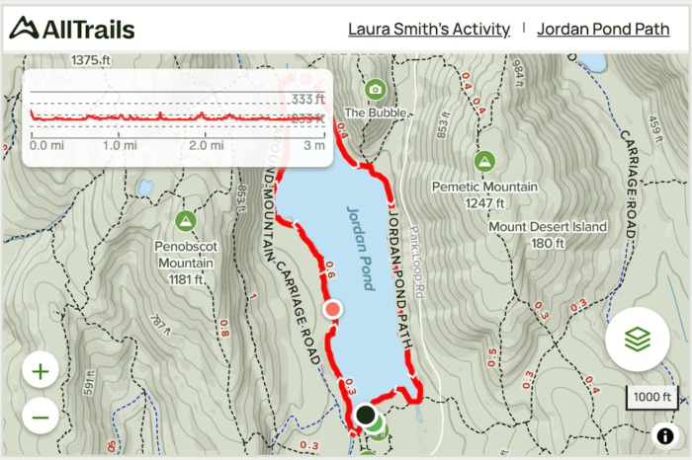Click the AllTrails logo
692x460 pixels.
point(71,29)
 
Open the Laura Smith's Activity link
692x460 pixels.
point(428,29)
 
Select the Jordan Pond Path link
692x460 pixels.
point(603,29)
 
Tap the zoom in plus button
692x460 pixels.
point(41,372)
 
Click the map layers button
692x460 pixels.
point(638,339)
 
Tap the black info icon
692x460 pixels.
point(663,435)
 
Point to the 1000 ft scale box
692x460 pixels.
point(653,397)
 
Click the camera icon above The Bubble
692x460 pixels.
point(375,90)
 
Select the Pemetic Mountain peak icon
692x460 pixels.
point(484,161)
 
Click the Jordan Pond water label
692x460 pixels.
point(361,248)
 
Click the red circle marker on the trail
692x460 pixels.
point(333,309)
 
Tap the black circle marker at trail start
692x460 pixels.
point(366,416)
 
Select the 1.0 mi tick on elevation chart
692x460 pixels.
point(119,145)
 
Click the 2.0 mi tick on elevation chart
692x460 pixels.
point(206,145)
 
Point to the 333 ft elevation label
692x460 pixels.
point(307,99)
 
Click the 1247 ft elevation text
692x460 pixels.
point(484,203)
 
